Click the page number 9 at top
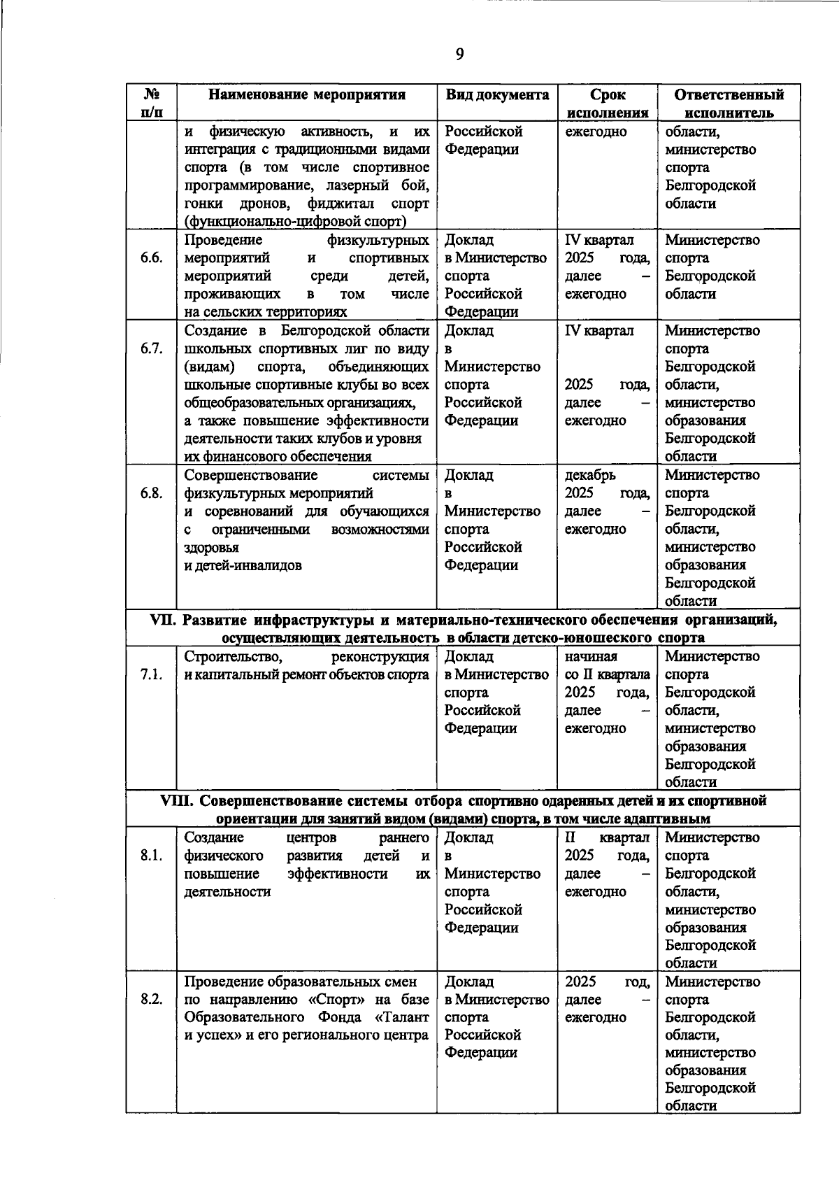[459, 55]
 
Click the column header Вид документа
[496, 95]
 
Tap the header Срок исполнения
[607, 104]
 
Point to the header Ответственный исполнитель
[729, 104]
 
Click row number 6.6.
[151, 258]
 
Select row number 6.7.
[151, 348]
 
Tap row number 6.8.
[151, 493]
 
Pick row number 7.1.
[151, 674]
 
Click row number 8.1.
[151, 855]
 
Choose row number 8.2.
[151, 999]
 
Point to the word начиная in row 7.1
[591, 656]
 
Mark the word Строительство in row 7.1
[233, 656]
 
